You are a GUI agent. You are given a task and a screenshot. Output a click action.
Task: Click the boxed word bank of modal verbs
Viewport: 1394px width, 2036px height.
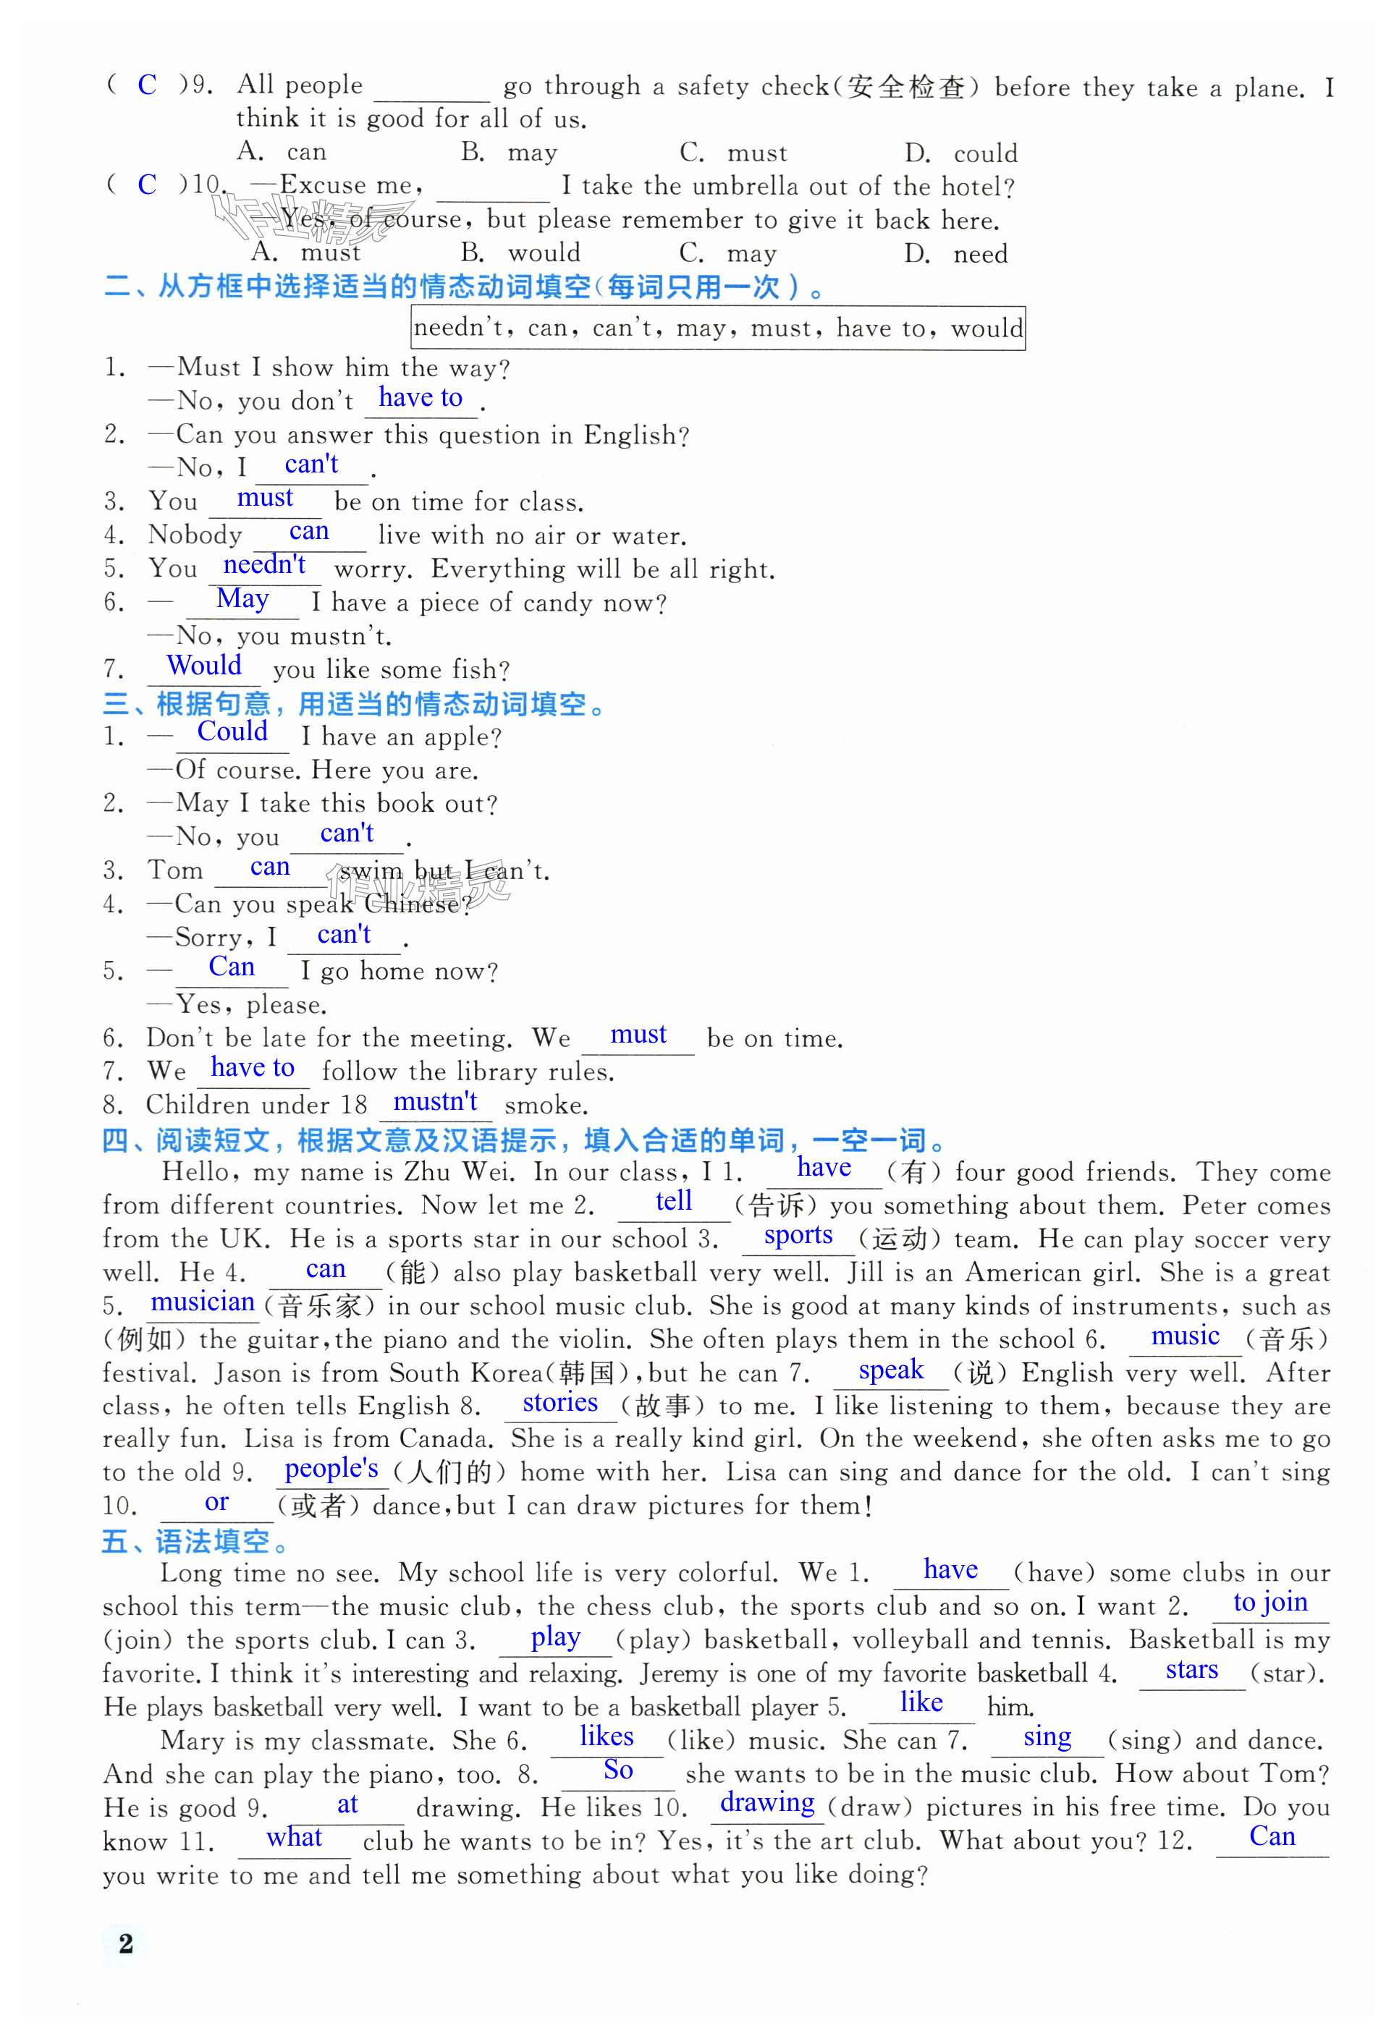717,328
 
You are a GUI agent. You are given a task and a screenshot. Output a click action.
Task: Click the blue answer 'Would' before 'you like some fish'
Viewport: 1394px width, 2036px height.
204,665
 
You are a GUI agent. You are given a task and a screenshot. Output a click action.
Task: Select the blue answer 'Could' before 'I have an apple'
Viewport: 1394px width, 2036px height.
232,731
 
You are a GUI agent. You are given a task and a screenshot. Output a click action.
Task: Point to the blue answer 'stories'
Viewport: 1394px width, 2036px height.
560,1403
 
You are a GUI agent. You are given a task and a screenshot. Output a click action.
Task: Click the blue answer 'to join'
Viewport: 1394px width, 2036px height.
1270,1603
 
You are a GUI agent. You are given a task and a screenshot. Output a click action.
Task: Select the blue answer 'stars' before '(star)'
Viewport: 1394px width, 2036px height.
1191,1670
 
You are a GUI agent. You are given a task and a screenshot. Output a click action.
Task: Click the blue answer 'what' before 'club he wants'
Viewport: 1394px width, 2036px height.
295,1837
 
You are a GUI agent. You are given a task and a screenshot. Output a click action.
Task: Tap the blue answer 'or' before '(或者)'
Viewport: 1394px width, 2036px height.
216,1503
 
